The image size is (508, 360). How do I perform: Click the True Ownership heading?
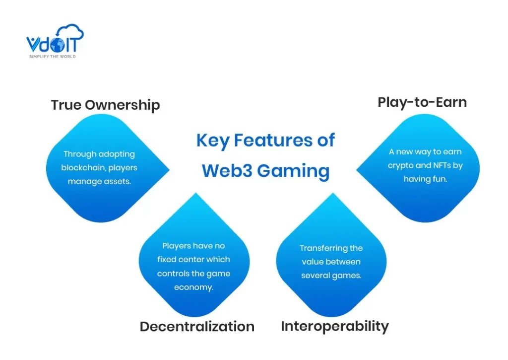click(105, 105)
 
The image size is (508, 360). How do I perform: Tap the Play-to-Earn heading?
click(422, 102)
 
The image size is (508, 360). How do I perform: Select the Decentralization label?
click(197, 326)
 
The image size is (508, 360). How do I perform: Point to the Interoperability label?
click(335, 326)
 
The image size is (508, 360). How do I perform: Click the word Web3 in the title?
click(226, 171)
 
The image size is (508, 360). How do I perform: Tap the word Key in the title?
click(212, 141)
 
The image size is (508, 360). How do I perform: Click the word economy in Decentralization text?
click(194, 288)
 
